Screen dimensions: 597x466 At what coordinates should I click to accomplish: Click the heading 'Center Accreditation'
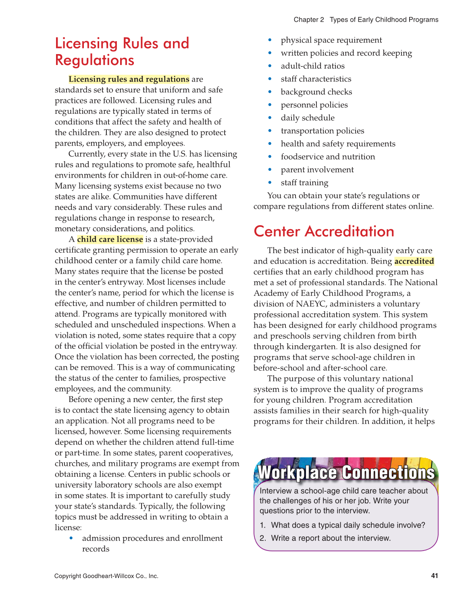coord(324,231)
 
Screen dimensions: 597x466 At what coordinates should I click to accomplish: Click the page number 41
coord(434,576)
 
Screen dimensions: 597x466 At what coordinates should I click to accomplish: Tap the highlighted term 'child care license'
coord(110,239)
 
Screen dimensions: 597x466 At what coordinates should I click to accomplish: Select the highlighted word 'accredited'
coord(414,261)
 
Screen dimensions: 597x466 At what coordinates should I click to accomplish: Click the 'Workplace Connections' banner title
coord(346,473)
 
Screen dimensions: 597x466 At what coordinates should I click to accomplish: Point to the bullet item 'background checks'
coord(316,92)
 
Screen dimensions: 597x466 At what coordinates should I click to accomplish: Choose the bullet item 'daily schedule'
coord(308,118)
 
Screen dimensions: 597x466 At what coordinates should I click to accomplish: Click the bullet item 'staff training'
coord(304,183)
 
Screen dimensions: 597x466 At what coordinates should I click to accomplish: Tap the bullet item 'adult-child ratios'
coord(312,66)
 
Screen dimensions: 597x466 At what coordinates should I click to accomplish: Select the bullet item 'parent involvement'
coord(317,170)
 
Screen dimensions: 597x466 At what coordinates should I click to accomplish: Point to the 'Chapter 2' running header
coord(308,20)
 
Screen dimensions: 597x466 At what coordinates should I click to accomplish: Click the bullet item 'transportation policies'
coord(322,131)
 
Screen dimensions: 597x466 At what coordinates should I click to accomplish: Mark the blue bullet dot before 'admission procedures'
coord(71,538)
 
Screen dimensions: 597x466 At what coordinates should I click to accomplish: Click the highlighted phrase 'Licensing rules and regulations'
coord(129,79)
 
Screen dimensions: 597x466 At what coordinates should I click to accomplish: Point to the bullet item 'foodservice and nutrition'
coord(328,157)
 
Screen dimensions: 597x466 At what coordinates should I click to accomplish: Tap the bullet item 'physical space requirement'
coord(331,40)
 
